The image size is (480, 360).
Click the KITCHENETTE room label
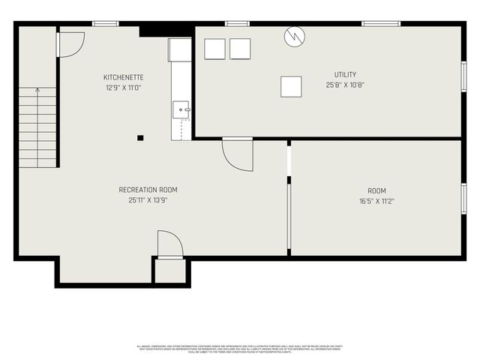coord(124,77)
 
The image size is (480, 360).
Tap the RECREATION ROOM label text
coord(148,190)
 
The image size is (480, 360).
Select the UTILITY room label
coord(346,74)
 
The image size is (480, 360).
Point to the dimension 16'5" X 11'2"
coord(376,201)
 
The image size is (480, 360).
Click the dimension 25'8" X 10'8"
coord(346,85)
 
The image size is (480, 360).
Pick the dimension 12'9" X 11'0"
coord(124,88)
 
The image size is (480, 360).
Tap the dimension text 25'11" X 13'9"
coord(148,200)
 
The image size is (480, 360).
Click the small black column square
coord(140,137)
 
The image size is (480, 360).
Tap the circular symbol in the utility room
coord(294,36)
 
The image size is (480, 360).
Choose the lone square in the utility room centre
coord(291,86)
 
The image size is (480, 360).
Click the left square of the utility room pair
coord(214,49)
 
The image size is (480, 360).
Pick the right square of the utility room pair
coord(240,49)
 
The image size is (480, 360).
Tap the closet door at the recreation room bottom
coord(169,244)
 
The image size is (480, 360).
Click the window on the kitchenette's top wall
coord(106,24)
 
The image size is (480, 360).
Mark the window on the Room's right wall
coord(464,199)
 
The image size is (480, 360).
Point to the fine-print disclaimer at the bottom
coord(240,348)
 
